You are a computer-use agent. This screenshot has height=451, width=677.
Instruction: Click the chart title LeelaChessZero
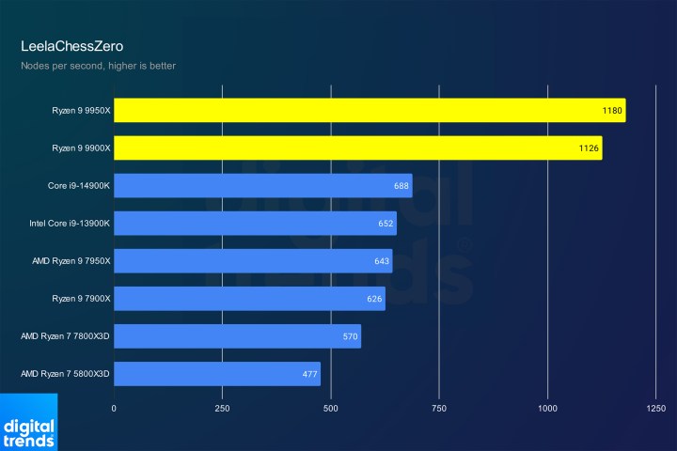pos(71,45)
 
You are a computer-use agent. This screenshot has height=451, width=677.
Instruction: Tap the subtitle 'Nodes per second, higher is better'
pos(98,66)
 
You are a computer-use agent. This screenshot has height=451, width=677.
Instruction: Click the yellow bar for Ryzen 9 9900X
pos(357,148)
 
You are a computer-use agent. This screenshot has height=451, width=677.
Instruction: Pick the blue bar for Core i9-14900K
pos(262,186)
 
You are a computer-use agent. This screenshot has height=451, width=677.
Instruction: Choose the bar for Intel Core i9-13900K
pos(255,224)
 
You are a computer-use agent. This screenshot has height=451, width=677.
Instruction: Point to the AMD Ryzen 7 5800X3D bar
pos(216,374)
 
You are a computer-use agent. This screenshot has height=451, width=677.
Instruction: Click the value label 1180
pos(612,111)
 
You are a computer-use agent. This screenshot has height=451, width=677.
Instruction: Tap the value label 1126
pos(589,148)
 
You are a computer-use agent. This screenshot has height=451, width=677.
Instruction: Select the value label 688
pos(401,186)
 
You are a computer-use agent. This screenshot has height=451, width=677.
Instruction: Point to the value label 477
pos(309,374)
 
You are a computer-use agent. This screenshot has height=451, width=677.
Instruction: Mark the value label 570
pos(350,336)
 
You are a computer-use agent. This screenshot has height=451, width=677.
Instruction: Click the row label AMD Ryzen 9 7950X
pos(66,261)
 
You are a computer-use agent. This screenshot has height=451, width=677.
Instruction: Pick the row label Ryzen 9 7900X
pos(82,299)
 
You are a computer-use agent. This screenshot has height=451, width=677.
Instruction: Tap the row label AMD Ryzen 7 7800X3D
pos(66,336)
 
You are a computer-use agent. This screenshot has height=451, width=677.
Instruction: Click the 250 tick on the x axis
pos(222,409)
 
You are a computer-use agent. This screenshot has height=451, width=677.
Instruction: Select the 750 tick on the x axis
pos(439,409)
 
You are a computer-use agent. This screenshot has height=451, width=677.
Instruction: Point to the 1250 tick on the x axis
pos(655,409)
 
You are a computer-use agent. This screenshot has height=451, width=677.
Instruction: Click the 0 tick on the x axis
pos(114,409)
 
